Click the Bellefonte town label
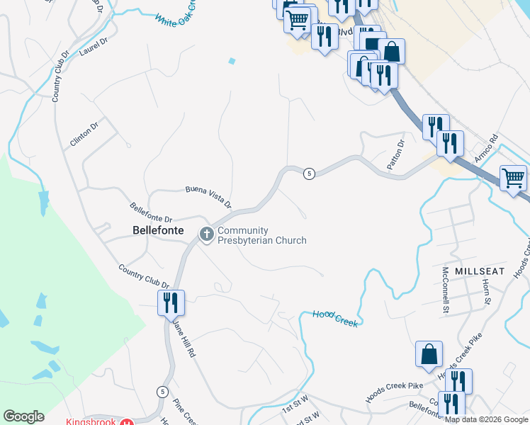[x=158, y=230]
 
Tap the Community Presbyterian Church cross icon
[x=207, y=234]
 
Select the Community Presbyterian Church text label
[x=261, y=235]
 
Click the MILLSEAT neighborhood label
[x=480, y=271]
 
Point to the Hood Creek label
[x=333, y=318]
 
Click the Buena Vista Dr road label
[x=208, y=197]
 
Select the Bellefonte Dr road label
[x=151, y=213]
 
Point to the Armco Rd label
[x=487, y=149]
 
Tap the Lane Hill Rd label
[x=183, y=336]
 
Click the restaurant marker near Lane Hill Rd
[x=171, y=303]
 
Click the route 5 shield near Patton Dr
[x=309, y=174]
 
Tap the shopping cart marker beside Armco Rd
[x=513, y=178]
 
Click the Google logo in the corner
[x=23, y=416]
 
